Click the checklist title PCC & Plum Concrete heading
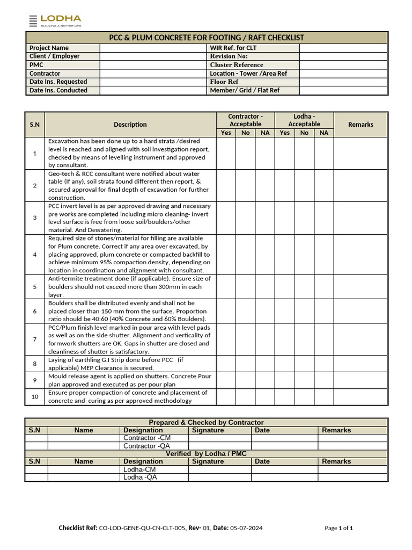(207, 38)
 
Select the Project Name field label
(49, 48)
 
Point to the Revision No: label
(229, 56)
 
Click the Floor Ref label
(224, 82)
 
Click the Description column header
(130, 125)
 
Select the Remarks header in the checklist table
(360, 125)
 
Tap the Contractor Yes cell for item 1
(226, 154)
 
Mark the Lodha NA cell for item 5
(324, 287)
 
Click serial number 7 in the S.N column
(35, 339)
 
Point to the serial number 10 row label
(35, 397)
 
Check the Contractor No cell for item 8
(245, 364)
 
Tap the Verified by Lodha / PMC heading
(206, 454)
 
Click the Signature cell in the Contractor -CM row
(219, 438)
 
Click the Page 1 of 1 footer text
(339, 529)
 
